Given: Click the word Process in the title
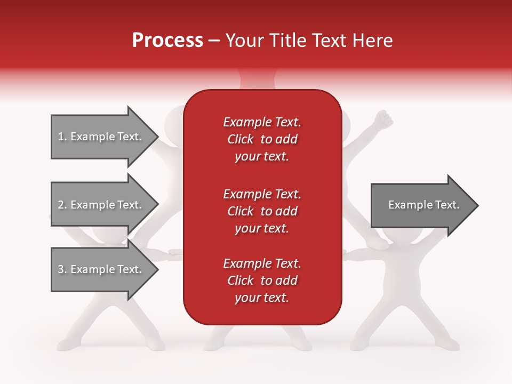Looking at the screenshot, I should (167, 41).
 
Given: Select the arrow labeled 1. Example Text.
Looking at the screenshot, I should (101, 137).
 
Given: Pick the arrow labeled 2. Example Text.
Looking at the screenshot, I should (101, 205).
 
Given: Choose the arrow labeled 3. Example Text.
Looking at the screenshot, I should (101, 269).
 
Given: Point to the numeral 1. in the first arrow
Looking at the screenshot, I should (62, 137).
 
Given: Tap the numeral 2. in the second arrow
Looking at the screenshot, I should (62, 205).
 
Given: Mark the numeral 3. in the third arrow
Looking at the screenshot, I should (62, 269).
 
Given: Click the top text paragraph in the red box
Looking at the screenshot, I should (262, 139).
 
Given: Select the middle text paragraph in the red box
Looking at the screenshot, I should (262, 211).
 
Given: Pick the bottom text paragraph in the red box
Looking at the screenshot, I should (262, 281).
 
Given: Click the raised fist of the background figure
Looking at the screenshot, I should (382, 119).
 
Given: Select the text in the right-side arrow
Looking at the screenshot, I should (423, 205).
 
